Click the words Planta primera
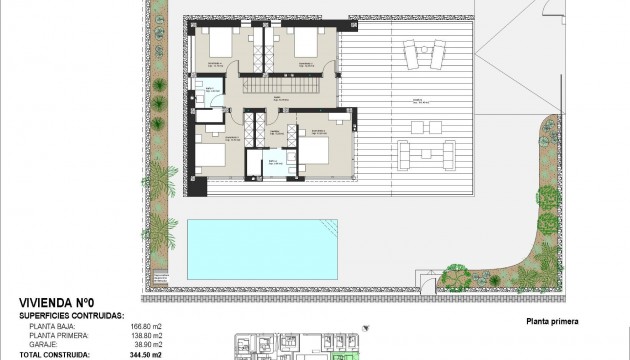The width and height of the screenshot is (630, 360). (x=551, y=322)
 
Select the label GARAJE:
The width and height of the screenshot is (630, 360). (x=44, y=343)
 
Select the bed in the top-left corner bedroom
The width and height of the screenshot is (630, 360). (x=218, y=41)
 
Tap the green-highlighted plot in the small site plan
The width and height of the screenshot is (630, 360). (x=347, y=354)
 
